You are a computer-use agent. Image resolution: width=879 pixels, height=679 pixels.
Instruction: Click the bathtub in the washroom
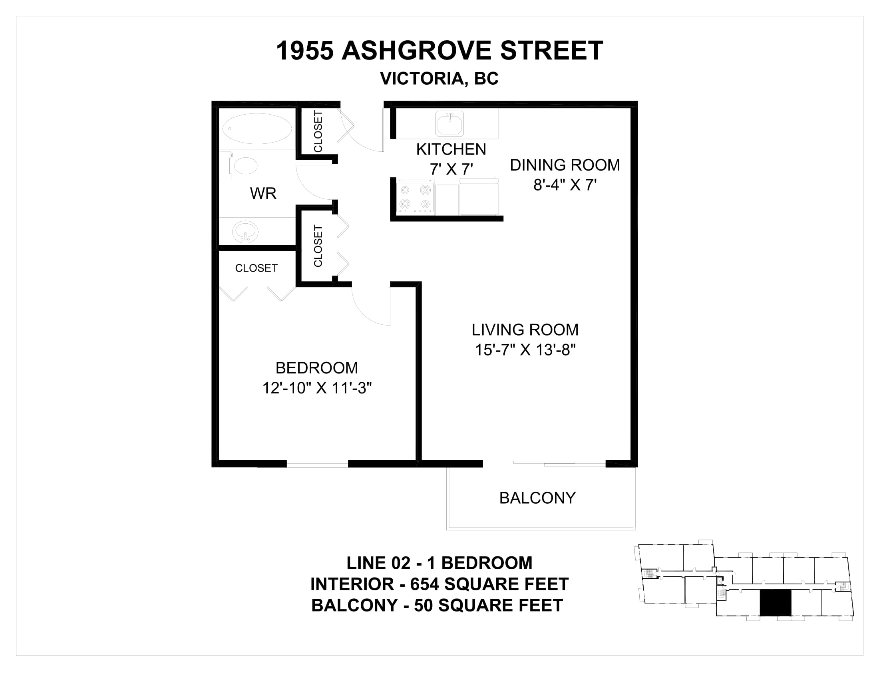coord(257,129)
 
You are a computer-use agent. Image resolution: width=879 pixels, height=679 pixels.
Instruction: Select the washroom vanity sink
coord(245,232)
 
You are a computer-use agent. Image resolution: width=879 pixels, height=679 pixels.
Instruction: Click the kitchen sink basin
coord(449,123)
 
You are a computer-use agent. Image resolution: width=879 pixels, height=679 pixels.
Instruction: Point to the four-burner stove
coord(415,197)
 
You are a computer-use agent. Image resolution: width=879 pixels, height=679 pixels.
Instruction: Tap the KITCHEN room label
coord(451,149)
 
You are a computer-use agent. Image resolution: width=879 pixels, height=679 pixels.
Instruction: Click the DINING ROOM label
coord(565,165)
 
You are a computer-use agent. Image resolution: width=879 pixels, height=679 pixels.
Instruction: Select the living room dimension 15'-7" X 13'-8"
coord(526,350)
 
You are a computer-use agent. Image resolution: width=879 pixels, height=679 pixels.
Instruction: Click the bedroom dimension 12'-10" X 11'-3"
coord(317,388)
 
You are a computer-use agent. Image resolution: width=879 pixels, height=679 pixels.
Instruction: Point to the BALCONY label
coord(538,498)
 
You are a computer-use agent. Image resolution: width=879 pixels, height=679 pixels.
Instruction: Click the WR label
coord(263,193)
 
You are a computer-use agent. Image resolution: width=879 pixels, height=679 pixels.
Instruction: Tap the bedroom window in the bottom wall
coord(317,464)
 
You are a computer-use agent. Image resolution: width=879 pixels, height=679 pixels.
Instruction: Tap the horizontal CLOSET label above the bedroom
coord(257,268)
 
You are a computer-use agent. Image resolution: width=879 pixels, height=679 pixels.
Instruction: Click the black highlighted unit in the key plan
coord(775,603)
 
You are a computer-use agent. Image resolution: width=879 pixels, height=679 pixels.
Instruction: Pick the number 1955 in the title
coord(305,51)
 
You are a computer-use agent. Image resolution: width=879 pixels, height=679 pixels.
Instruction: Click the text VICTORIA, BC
coord(439,78)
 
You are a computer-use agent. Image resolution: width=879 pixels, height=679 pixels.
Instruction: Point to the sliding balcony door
coord(559,464)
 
